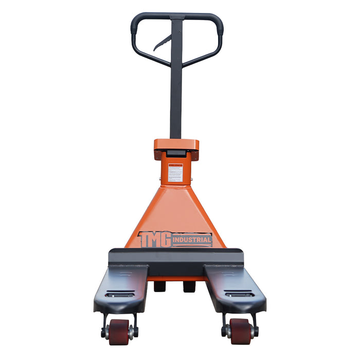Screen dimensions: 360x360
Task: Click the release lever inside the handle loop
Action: click(x=162, y=43)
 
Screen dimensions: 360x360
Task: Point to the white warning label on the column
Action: click(x=175, y=173)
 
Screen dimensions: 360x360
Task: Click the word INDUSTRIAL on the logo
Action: click(x=192, y=240)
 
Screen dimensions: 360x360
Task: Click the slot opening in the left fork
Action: click(x=119, y=295)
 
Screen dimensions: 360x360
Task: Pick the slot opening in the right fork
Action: click(x=239, y=295)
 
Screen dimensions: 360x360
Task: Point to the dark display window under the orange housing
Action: click(x=176, y=154)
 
